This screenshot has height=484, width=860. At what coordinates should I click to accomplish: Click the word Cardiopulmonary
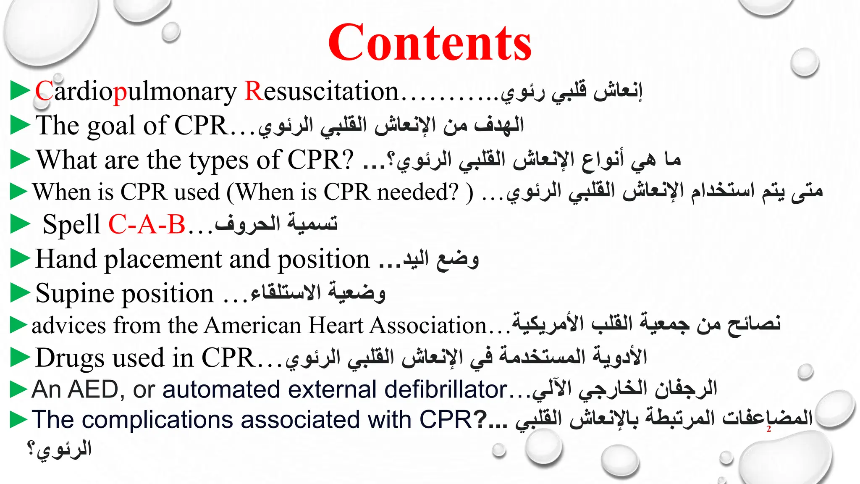click(136, 92)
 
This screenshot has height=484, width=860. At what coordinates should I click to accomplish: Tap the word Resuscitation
click(321, 92)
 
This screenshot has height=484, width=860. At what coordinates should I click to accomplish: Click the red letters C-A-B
click(147, 224)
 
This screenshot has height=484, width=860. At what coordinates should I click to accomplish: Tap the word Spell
click(71, 224)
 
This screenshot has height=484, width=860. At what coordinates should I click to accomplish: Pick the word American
click(254, 326)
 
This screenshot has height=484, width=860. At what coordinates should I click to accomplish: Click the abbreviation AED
click(93, 389)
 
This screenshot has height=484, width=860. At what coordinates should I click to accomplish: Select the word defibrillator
click(446, 389)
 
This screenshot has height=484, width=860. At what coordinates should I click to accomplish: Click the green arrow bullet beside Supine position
click(20, 293)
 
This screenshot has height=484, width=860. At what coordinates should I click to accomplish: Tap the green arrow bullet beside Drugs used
click(20, 358)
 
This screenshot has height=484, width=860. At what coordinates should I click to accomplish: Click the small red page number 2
click(768, 429)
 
